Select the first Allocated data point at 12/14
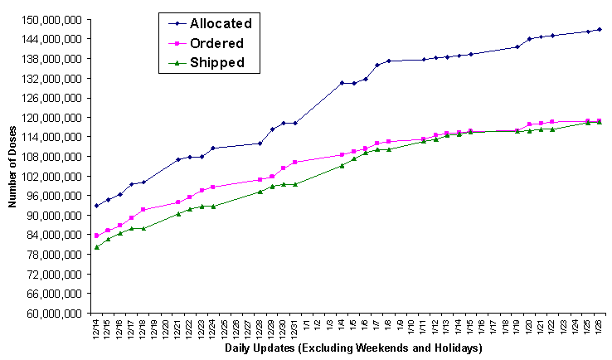96,205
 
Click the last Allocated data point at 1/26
600,29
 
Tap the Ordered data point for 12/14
96,236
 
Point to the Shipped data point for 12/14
96,247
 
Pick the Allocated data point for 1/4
342,83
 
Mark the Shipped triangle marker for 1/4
342,166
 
